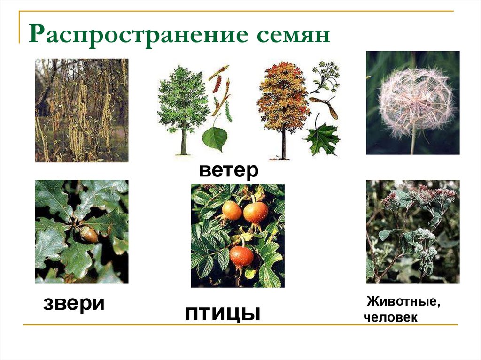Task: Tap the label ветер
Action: [x=228, y=170]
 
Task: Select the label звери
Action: [x=74, y=303]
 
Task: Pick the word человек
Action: [x=390, y=318]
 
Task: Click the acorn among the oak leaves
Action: [x=88, y=234]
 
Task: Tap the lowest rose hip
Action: [x=242, y=256]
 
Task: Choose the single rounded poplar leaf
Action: [x=215, y=138]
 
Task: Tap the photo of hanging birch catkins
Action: [x=82, y=110]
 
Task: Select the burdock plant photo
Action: [x=413, y=232]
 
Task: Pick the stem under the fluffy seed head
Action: [x=413, y=143]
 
